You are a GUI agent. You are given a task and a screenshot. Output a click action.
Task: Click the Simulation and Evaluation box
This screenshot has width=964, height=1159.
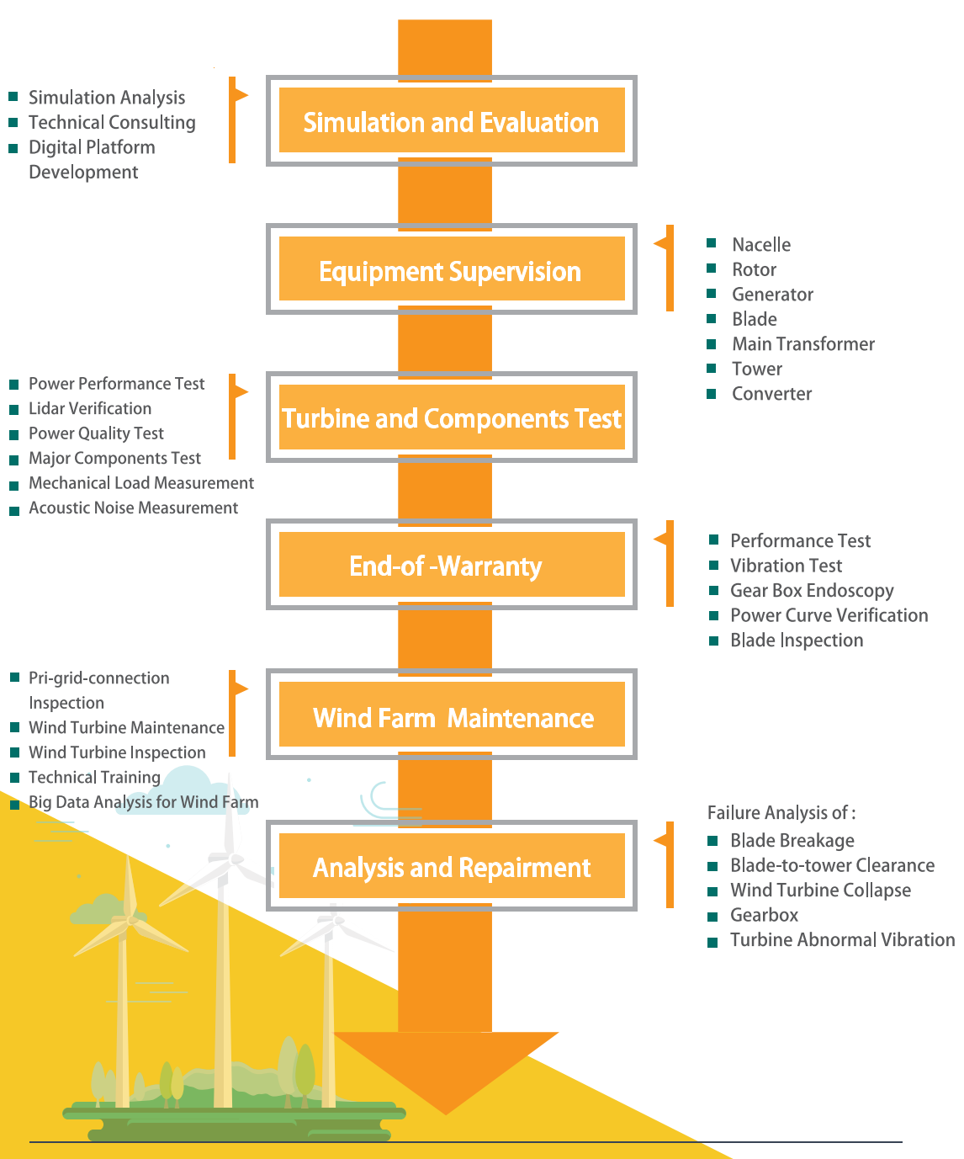(x=451, y=121)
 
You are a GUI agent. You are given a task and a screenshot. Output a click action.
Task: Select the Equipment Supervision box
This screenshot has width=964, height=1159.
(x=451, y=270)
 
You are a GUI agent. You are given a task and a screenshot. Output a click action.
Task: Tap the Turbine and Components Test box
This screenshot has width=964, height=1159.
(x=451, y=417)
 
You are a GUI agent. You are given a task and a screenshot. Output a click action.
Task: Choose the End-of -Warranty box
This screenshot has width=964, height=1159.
(x=451, y=565)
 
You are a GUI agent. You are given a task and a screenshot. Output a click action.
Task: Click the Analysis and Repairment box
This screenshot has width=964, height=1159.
(x=451, y=866)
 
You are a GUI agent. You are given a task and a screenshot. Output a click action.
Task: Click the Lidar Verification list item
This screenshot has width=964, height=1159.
(x=90, y=408)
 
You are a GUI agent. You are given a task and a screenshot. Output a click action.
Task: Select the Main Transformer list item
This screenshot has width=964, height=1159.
(x=802, y=343)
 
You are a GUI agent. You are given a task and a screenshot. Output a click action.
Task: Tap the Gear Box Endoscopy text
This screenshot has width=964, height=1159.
(x=811, y=590)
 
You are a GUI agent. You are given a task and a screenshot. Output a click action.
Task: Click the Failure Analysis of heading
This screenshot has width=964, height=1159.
(x=781, y=812)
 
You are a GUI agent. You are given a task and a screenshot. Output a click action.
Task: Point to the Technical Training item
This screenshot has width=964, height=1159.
(x=94, y=777)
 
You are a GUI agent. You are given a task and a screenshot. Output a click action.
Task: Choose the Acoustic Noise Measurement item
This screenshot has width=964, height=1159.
(x=133, y=508)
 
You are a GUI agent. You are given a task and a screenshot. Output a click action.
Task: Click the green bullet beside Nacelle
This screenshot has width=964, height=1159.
(x=712, y=243)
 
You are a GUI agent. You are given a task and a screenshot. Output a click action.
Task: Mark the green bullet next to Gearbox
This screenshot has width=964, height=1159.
(x=712, y=916)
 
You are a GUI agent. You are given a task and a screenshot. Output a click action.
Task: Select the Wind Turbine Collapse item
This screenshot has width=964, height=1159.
(x=820, y=890)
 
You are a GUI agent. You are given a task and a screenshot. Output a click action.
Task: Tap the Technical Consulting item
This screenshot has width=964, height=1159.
(x=112, y=122)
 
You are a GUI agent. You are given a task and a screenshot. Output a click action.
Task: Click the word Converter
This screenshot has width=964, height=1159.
(x=771, y=393)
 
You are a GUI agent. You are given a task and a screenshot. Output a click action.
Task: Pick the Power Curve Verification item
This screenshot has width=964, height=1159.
(x=829, y=614)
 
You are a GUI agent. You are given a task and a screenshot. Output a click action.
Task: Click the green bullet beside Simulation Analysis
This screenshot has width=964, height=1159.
(x=13, y=97)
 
